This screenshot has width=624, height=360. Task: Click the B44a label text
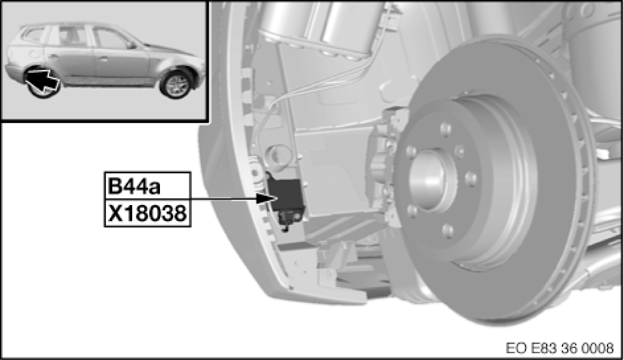click(x=134, y=186)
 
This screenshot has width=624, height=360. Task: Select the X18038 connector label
click(x=147, y=213)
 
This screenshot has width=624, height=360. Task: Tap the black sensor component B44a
click(x=285, y=195)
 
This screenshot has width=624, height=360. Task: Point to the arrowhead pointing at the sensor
click(x=264, y=198)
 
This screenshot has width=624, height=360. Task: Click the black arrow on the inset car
click(x=43, y=79)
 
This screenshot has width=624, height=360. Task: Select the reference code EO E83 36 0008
click(x=559, y=348)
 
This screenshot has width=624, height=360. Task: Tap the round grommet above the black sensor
click(x=277, y=154)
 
